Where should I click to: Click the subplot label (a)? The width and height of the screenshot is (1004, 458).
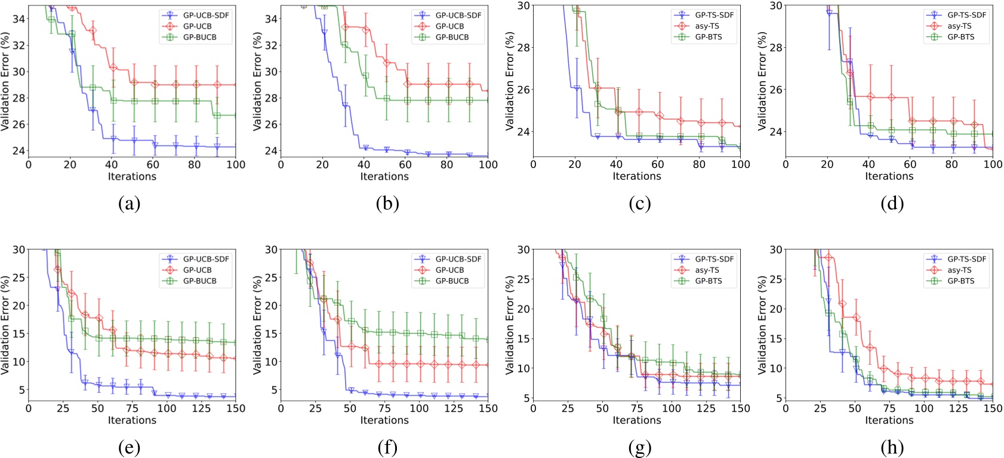[130, 204]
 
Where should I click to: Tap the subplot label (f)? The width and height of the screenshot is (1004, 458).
[387, 447]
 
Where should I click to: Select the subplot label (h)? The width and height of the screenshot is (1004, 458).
[891, 447]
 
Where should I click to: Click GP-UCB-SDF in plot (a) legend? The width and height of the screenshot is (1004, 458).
[206, 16]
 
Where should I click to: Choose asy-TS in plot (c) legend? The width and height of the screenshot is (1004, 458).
[707, 26]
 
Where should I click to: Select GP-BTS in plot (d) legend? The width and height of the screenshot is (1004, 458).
[960, 36]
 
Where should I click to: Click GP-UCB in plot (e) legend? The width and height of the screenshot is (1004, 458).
[197, 270]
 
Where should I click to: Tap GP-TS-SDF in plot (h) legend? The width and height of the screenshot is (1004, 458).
[966, 259]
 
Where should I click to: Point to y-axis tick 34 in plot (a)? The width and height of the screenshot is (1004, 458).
[19, 19]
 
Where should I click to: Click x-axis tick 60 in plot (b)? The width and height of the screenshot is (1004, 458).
[405, 165]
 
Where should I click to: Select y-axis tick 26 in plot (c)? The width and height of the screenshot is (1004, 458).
[523, 90]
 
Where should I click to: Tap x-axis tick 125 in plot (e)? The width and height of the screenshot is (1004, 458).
[201, 408]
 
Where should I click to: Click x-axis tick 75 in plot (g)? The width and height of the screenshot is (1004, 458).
[637, 408]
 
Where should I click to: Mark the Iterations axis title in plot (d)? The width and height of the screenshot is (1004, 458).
[889, 176]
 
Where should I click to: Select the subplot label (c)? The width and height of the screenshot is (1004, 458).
[639, 204]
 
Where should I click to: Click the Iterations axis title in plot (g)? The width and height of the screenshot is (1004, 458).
[637, 420]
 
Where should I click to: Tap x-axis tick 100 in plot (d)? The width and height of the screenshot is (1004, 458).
[993, 165]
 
